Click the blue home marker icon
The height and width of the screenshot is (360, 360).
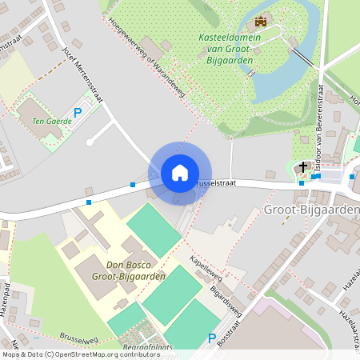click(x=179, y=173)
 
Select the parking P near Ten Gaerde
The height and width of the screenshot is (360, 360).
click(x=78, y=114)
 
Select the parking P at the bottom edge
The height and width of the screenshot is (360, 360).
click(x=212, y=338)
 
